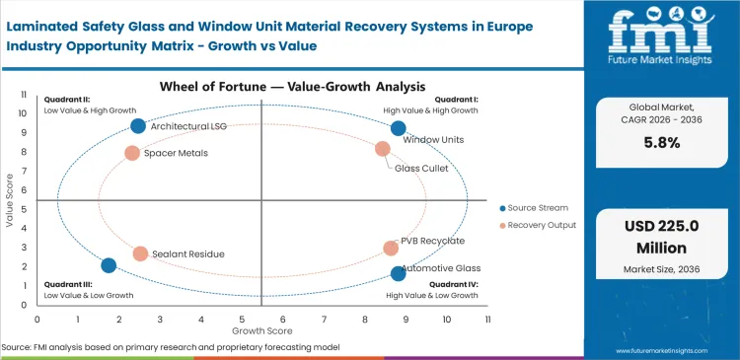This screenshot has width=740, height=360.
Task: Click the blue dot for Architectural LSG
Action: (x=138, y=125)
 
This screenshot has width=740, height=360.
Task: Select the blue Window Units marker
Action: (x=398, y=128)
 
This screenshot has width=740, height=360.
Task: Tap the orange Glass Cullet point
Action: (x=383, y=149)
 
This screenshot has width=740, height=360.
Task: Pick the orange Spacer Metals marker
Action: (x=132, y=153)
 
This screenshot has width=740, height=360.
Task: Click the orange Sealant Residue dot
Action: (x=140, y=253)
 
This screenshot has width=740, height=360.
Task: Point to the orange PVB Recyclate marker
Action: (x=391, y=249)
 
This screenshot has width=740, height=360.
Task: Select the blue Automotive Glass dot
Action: (x=398, y=273)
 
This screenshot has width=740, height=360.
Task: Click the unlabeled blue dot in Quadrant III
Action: (x=109, y=265)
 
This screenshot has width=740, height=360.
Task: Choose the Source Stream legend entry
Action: (x=537, y=208)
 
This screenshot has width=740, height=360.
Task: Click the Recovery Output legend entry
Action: (x=542, y=226)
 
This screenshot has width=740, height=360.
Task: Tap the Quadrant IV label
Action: (x=455, y=284)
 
